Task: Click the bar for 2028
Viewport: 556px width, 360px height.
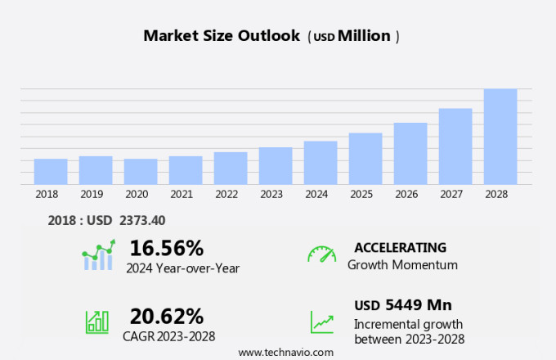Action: pyautogui.click(x=500, y=137)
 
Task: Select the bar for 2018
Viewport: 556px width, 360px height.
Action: pyautogui.click(x=51, y=172)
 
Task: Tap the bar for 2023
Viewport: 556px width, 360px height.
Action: pyautogui.click(x=276, y=166)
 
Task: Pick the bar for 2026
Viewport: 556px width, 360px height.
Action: pyautogui.click(x=410, y=154)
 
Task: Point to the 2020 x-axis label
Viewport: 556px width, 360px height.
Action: pyautogui.click(x=137, y=195)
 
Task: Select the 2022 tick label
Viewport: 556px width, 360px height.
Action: pyautogui.click(x=226, y=195)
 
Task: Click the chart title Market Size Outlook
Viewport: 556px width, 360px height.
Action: pyautogui.click(x=222, y=36)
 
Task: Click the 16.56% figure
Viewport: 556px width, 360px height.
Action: pyautogui.click(x=167, y=248)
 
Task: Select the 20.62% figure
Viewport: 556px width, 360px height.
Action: pyautogui.click(x=167, y=316)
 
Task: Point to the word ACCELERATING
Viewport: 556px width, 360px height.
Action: pyautogui.click(x=400, y=248)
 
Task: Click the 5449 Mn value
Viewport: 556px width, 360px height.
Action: pyautogui.click(x=418, y=305)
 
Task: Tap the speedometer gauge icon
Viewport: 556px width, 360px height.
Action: pyautogui.click(x=321, y=254)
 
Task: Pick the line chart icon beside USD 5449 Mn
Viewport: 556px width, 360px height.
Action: pyautogui.click(x=321, y=322)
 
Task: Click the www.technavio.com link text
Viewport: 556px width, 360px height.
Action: pyautogui.click(x=286, y=352)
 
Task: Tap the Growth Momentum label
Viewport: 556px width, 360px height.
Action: pyautogui.click(x=402, y=265)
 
